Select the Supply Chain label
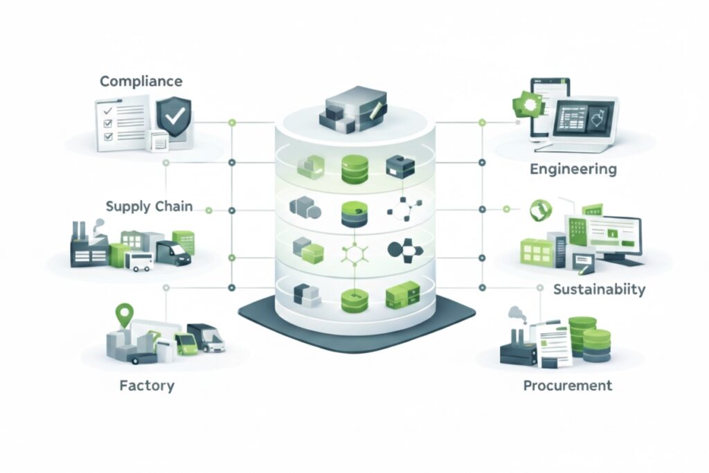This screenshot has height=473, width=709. coord(149,206)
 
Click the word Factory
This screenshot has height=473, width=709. coord(146,385)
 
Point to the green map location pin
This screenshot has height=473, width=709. coord(125,316)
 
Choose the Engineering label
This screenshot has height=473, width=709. coord(572,169)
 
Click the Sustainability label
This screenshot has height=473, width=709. coord(599,288)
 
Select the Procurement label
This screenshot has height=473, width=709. coord(567,385)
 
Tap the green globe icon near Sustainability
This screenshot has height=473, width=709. coord(538,211)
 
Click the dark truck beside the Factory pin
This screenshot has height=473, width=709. coord(207,337)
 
